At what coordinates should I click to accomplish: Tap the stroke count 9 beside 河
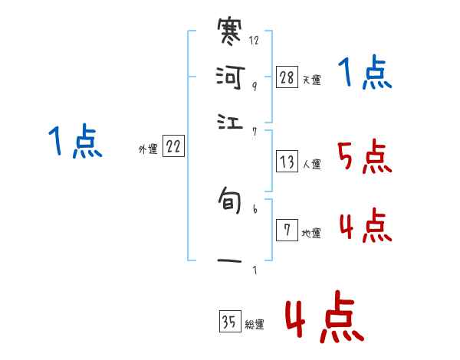tap(254, 87)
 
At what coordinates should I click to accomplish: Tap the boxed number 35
tap(229, 322)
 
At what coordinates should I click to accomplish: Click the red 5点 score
tap(364, 158)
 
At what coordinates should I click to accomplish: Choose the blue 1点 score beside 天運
tap(364, 74)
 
